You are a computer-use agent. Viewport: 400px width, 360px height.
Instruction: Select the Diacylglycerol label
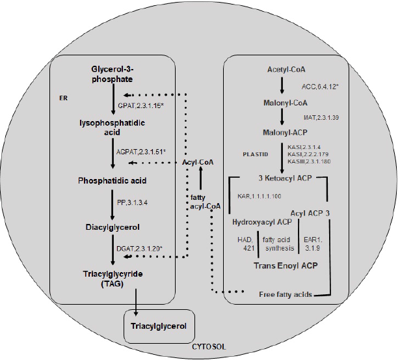pyautogui.click(x=113, y=228)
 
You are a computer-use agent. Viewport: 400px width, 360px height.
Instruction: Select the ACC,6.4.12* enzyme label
pyautogui.click(x=323, y=85)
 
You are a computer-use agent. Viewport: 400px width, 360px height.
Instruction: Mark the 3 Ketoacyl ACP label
pyautogui.click(x=283, y=178)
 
